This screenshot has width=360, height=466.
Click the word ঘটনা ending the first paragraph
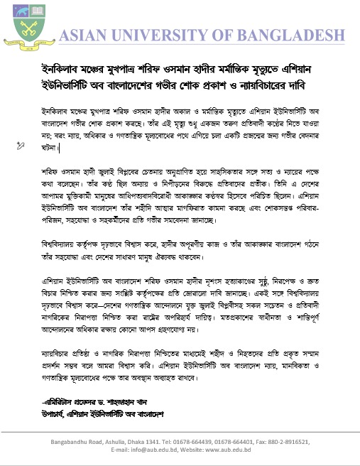coord(50,147)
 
